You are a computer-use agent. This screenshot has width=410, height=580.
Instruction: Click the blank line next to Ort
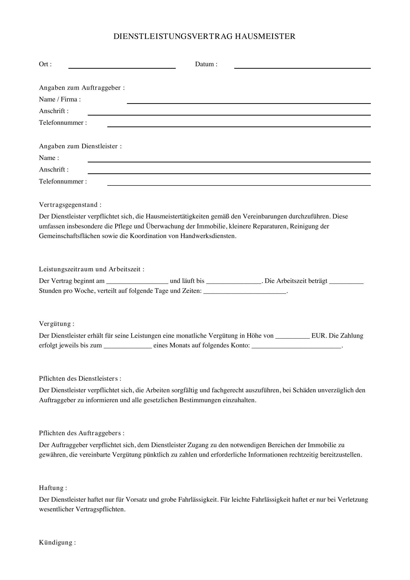[x=122, y=66]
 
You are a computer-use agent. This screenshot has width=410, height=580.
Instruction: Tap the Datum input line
[x=302, y=66]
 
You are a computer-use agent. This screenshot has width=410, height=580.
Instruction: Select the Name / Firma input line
[x=249, y=101]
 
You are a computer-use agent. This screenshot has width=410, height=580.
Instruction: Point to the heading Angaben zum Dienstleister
[x=80, y=146]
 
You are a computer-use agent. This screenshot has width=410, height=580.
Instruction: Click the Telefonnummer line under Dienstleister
[x=239, y=183]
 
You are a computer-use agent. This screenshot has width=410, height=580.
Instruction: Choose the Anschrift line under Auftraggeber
[x=229, y=113]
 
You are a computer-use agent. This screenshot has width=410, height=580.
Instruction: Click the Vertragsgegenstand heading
[x=70, y=205]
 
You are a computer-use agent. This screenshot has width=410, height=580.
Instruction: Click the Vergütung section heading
[x=57, y=324]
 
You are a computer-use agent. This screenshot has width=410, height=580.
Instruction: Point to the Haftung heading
[x=53, y=488]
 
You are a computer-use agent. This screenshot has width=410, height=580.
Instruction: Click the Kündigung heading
[x=57, y=542]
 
